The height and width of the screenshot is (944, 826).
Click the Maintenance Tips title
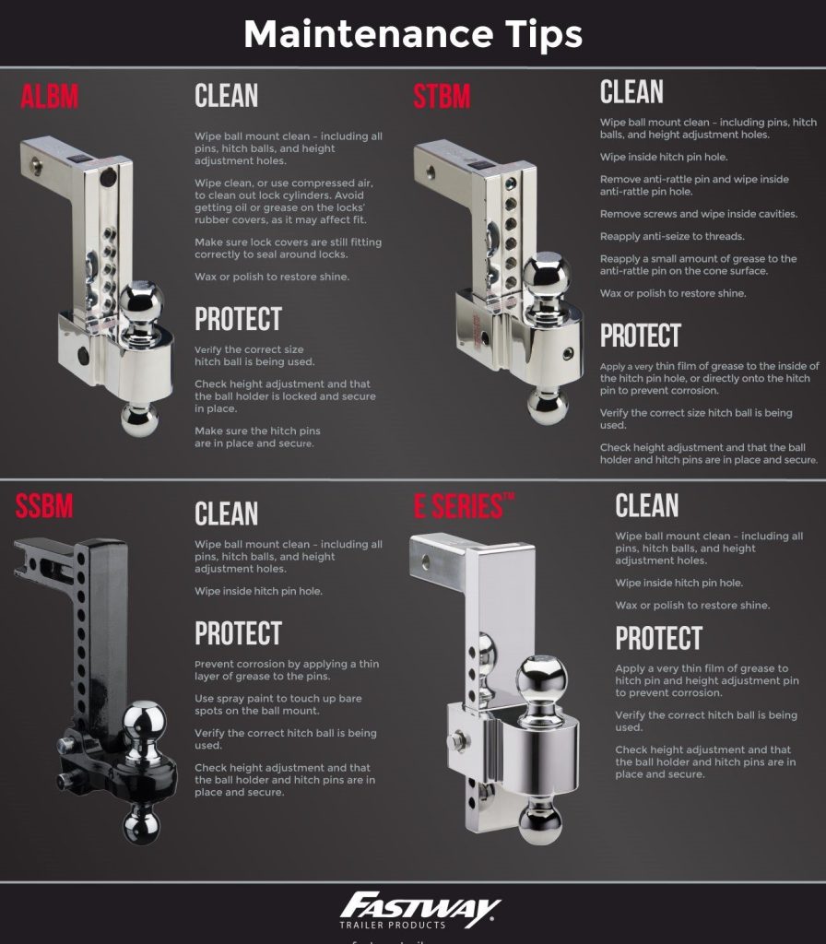point(413,34)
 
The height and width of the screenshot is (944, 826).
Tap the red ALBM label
point(50,96)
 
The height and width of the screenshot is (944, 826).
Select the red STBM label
point(442,96)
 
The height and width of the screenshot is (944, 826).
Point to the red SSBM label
point(44,506)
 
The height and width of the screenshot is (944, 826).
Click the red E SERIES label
point(464,506)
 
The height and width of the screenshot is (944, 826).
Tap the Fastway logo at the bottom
point(419,910)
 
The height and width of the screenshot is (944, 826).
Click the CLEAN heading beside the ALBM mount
point(227,96)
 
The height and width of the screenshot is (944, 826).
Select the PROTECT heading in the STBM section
point(640,336)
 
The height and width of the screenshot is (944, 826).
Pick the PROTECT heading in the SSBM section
point(239,633)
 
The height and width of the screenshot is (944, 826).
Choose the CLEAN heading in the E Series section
point(646,506)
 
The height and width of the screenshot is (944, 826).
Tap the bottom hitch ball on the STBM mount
point(548,407)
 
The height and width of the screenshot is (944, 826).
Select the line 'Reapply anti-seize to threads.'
point(672,237)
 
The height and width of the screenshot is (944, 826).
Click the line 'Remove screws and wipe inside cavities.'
point(699,214)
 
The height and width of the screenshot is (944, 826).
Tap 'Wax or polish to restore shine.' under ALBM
point(272,277)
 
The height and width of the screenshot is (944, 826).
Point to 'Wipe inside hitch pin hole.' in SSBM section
point(258,591)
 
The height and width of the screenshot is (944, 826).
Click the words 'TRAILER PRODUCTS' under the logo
point(393,925)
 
